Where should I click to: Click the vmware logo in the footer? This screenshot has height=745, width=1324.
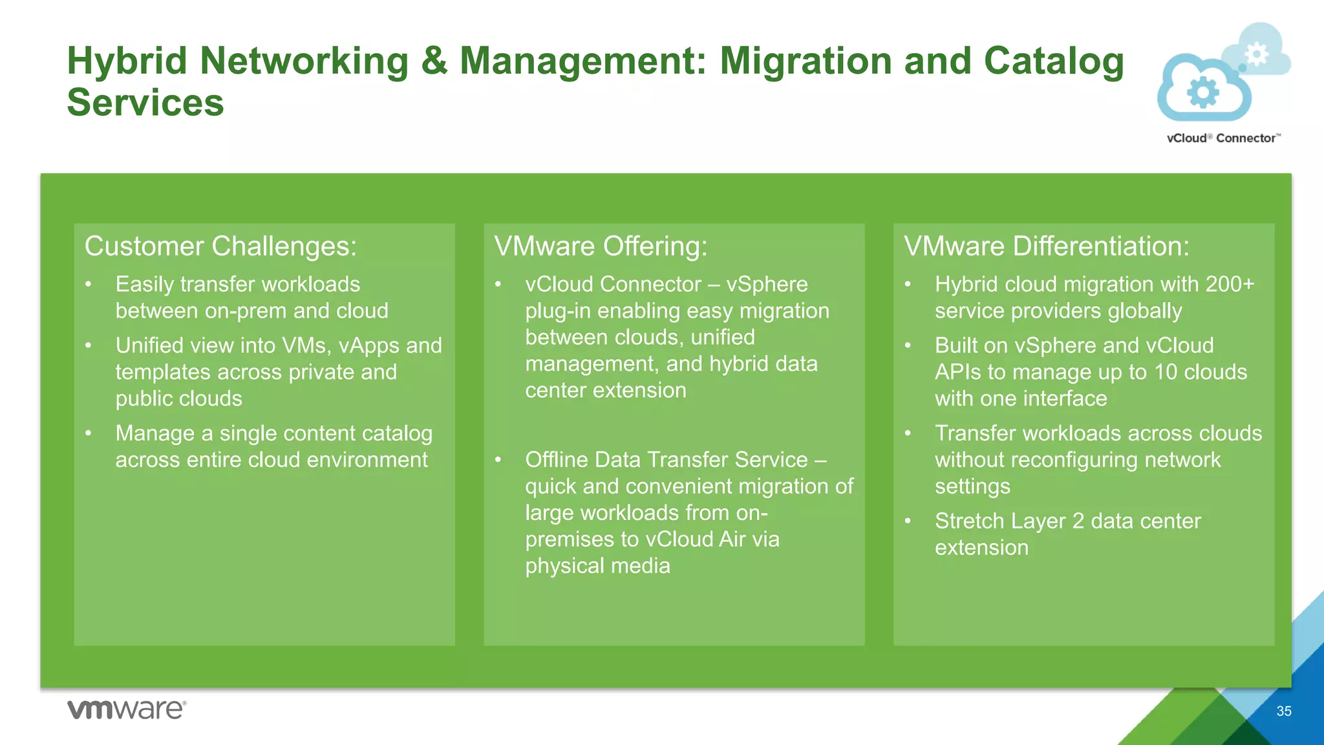pos(127,709)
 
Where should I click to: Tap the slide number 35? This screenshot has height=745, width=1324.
pos(1284,711)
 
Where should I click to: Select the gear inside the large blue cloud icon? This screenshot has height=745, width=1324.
pos(1203,92)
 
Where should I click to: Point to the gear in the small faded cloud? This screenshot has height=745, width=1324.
pos(1257,54)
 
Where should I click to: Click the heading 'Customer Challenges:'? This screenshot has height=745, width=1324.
pos(220,246)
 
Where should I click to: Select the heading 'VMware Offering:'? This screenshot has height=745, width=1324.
pos(601,246)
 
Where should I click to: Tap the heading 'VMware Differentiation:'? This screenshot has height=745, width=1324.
pos(1046,246)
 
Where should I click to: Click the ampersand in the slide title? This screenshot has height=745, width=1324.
pos(434,61)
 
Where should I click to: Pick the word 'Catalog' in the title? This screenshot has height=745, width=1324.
pos(1054,62)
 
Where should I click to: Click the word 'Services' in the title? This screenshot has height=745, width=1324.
pos(145,103)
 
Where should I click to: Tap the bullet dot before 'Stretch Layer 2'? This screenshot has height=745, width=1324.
pos(908,521)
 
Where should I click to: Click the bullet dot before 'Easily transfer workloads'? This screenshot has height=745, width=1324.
pos(89,284)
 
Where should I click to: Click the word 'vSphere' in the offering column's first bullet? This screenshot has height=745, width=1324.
pos(767,284)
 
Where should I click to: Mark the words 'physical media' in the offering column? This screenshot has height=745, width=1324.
pos(597,566)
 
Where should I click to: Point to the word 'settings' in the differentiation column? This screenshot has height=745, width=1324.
pos(972,486)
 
